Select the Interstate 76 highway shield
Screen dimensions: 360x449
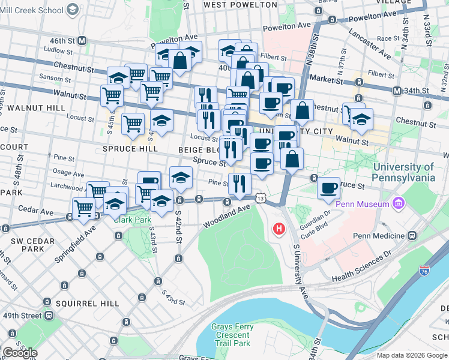(425, 272)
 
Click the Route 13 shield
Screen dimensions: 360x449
(260, 197)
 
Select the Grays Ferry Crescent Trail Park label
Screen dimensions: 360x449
(232, 335)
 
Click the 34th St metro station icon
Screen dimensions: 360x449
(397, 91)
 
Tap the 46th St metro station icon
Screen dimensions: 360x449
(82, 41)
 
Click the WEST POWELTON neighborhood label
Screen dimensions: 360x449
(241, 5)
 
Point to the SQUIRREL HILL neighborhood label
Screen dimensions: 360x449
(88, 304)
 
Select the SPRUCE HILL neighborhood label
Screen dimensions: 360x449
(130, 148)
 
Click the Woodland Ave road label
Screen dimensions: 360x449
(226, 215)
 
